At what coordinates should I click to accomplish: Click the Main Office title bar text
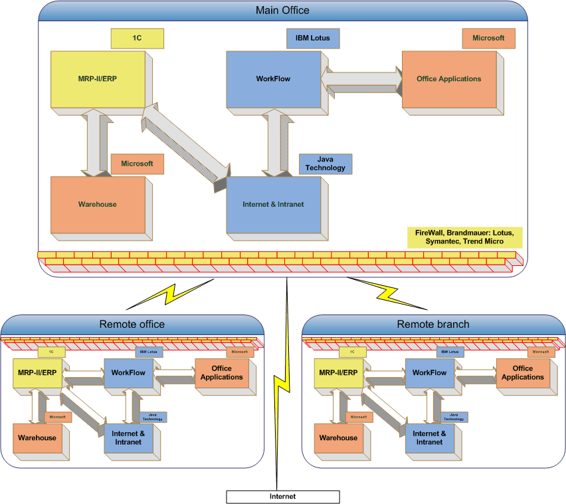coord(282,11)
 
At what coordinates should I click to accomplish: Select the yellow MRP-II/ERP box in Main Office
coord(98,79)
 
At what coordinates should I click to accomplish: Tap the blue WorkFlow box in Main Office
coord(273,79)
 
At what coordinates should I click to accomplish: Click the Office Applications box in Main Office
coord(448,79)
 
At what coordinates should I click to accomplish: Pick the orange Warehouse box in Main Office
coord(98,204)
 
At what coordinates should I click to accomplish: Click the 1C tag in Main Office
coord(137,39)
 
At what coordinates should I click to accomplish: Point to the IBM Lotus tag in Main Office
coord(313,39)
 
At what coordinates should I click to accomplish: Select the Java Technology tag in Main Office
coord(326,164)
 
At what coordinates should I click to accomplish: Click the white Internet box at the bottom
coord(282,497)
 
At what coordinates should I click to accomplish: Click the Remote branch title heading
coord(433,324)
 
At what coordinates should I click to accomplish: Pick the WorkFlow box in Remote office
coord(128,373)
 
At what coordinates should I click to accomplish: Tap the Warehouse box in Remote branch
coord(338,438)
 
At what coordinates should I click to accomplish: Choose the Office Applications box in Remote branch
coord(523,373)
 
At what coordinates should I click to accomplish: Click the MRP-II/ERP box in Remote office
coord(37,373)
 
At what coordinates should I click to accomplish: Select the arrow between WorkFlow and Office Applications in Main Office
coord(361,78)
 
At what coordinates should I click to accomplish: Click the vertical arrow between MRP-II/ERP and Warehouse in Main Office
coord(98,142)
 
